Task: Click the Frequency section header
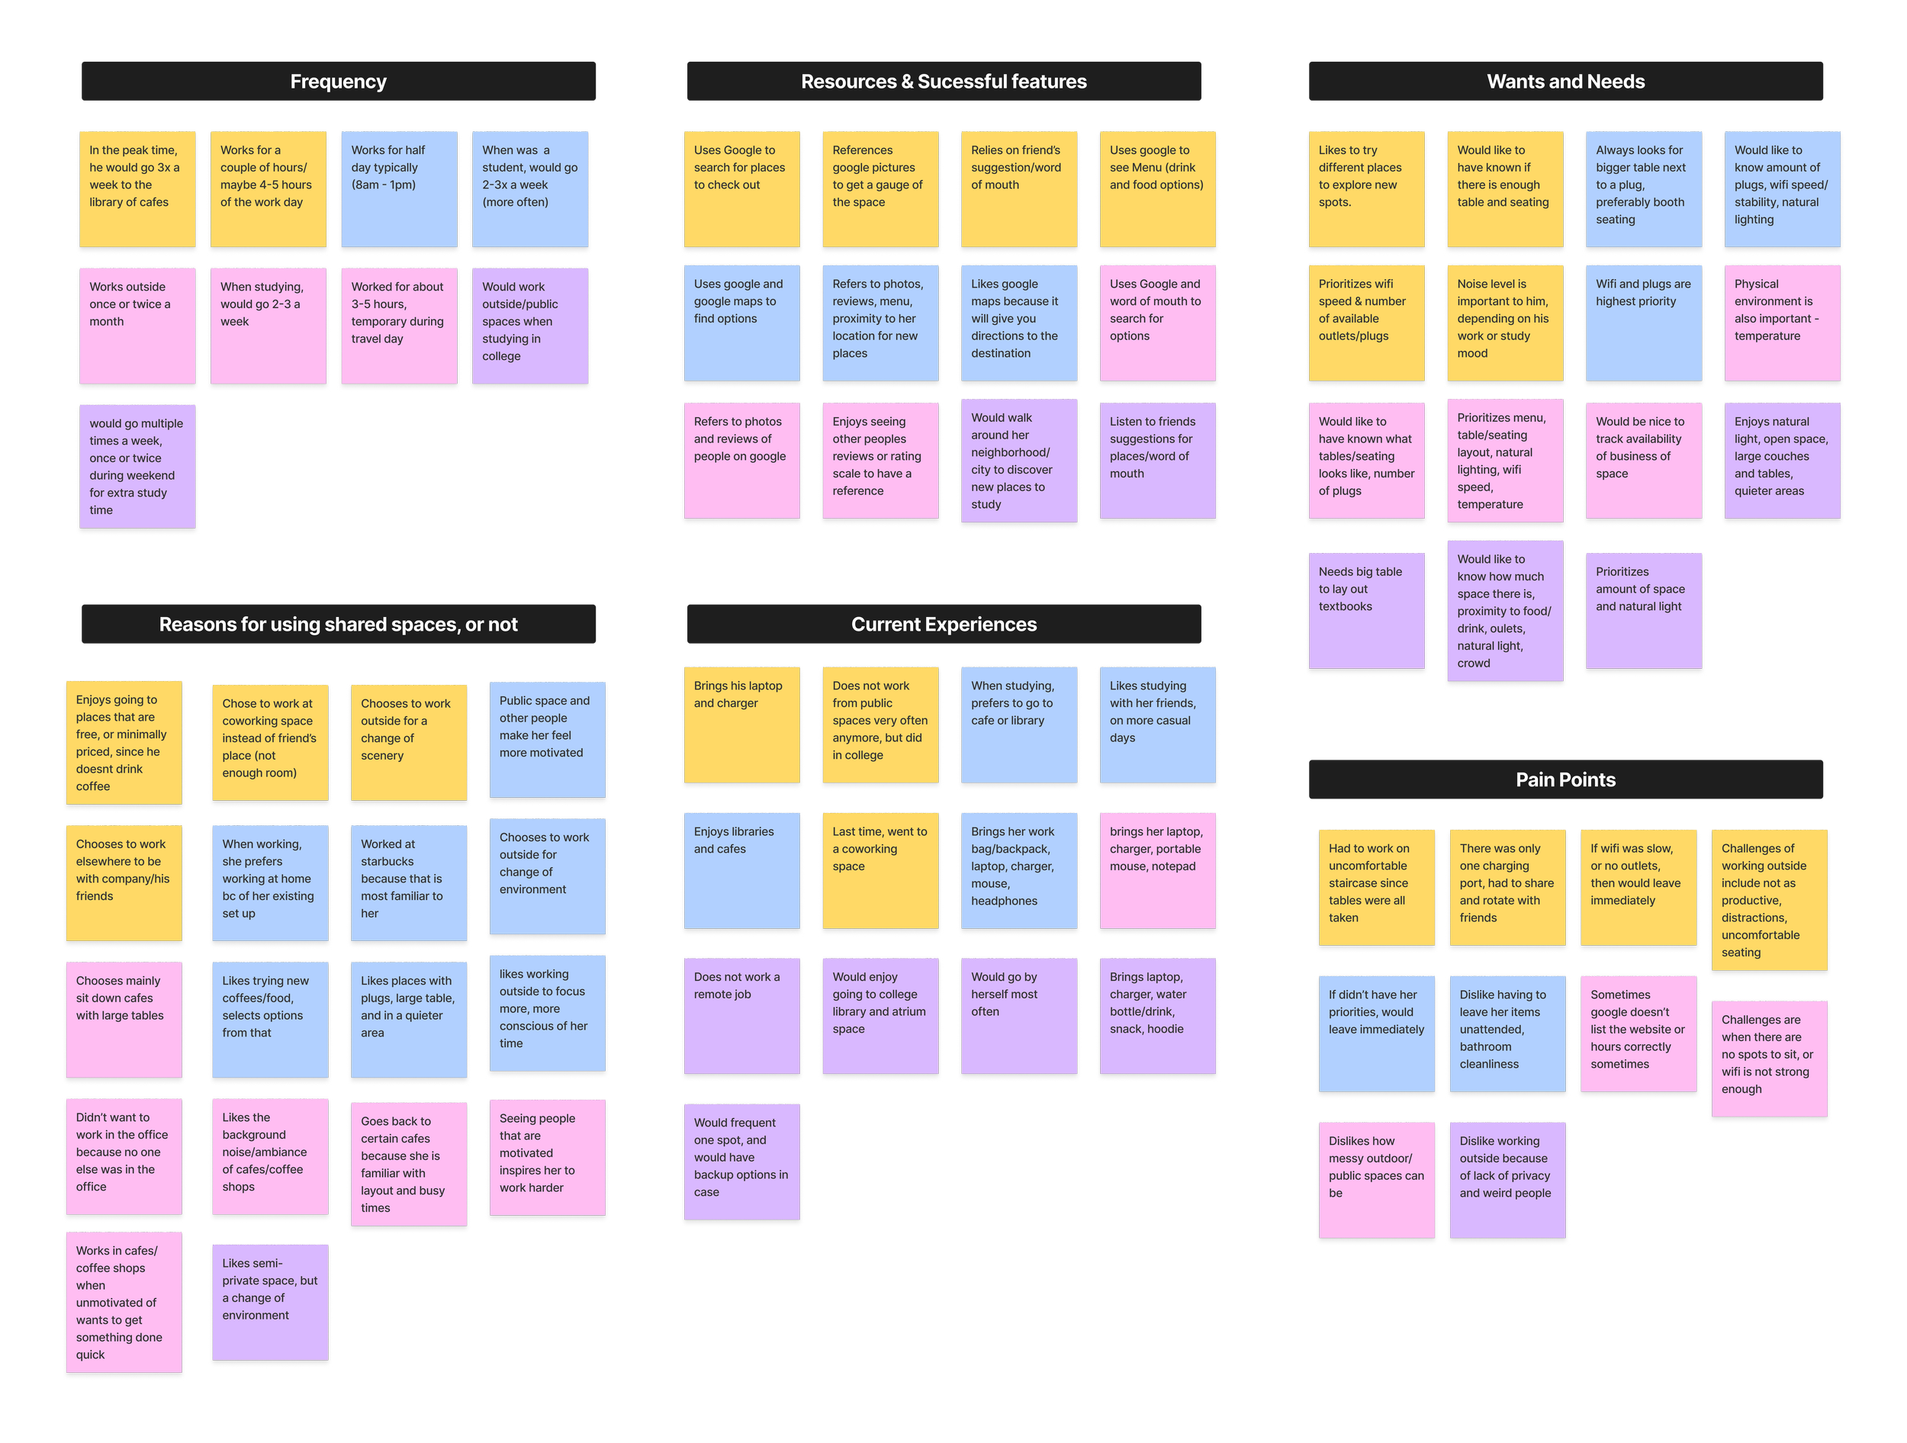pyautogui.click(x=338, y=82)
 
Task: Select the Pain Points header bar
pyautogui.click(x=1565, y=780)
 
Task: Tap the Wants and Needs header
pyautogui.click(x=1565, y=82)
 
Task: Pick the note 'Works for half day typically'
pyautogui.click(x=398, y=190)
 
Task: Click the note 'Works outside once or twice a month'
pyautogui.click(x=137, y=326)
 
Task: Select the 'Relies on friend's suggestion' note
pyautogui.click(x=1018, y=190)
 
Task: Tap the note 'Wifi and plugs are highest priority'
pyautogui.click(x=1642, y=323)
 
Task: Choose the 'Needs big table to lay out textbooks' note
pyautogui.click(x=1365, y=610)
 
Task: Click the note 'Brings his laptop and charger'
pyautogui.click(x=741, y=724)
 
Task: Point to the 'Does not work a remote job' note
pyautogui.click(x=741, y=1015)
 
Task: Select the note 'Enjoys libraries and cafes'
pyautogui.click(x=741, y=869)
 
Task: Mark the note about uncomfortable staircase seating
pyautogui.click(x=1375, y=887)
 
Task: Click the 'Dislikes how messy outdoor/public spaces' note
pyautogui.click(x=1375, y=1179)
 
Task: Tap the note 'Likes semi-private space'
pyautogui.click(x=270, y=1302)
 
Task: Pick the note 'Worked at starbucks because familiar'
pyautogui.click(x=408, y=882)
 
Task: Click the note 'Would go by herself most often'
pyautogui.click(x=1018, y=1015)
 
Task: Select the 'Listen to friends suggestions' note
pyautogui.click(x=1157, y=461)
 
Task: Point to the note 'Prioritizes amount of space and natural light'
pyautogui.click(x=1642, y=610)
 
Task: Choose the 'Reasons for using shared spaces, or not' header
pyautogui.click(x=338, y=625)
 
